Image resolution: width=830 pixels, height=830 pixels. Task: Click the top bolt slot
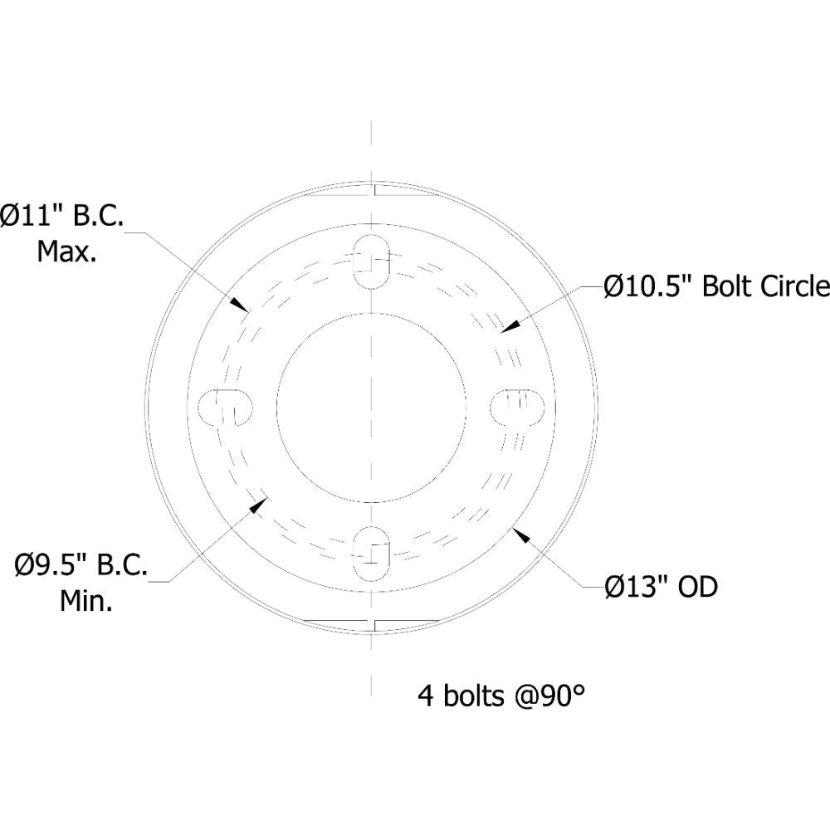[371, 261]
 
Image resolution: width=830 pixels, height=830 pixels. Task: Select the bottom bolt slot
[371, 554]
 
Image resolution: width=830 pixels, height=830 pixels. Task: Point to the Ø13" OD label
[661, 588]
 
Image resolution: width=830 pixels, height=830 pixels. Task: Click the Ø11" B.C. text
[63, 217]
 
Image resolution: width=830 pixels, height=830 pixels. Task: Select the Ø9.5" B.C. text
[81, 568]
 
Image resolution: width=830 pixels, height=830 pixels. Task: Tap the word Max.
[66, 251]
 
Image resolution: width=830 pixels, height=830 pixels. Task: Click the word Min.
[86, 602]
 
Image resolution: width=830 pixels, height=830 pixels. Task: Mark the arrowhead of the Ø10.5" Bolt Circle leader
[503, 329]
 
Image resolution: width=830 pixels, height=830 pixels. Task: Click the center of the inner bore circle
[371, 407]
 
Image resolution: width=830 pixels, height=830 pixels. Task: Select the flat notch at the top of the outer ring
[371, 190]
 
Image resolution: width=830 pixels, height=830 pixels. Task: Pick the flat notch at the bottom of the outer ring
[371, 622]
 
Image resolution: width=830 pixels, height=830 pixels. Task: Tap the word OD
[697, 588]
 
